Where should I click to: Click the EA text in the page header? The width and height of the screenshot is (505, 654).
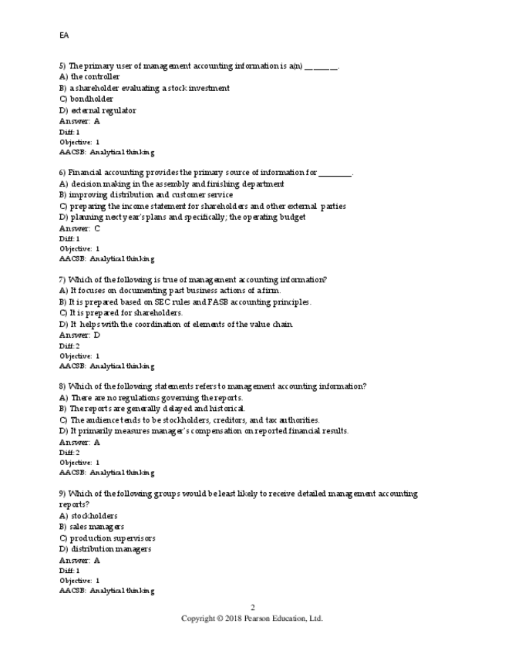coord(64,35)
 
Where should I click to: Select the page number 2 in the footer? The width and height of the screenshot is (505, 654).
coord(252,608)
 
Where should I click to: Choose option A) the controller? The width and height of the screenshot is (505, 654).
coord(89,77)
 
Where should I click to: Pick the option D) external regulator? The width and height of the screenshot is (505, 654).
coord(97,110)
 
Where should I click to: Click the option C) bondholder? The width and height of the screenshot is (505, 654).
coord(86,99)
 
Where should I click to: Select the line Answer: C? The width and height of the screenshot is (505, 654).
coord(79,228)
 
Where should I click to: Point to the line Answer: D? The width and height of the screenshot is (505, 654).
coord(79,335)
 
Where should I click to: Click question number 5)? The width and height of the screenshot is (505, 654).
coord(62,66)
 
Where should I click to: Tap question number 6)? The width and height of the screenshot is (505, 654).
coord(62,173)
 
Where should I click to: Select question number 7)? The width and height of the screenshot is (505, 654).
coord(62,280)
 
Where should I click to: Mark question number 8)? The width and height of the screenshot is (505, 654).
coord(62,386)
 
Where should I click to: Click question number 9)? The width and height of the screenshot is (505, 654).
coord(62,494)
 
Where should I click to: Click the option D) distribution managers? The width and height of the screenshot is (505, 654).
coord(105,549)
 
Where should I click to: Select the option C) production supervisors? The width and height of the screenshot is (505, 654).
coord(106,538)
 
